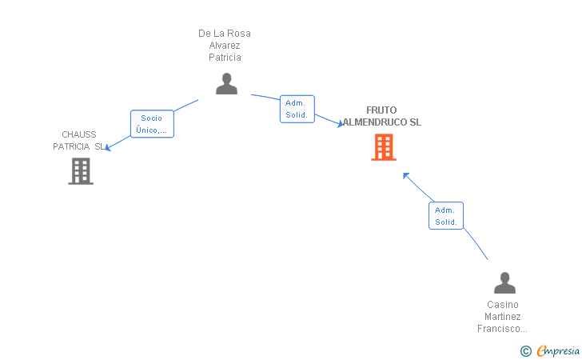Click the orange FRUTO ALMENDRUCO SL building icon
(384, 147)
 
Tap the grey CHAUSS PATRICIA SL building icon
(81, 171)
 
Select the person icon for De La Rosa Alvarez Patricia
(226, 83)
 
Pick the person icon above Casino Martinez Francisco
(504, 283)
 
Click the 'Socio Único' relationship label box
(152, 124)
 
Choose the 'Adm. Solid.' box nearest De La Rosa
(297, 109)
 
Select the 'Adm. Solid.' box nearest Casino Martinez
(446, 216)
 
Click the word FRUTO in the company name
(381, 110)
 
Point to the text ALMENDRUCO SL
(382, 122)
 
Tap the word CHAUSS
(79, 134)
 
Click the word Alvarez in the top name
(225, 46)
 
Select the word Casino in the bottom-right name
(503, 305)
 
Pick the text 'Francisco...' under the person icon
(503, 329)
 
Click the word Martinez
(503, 317)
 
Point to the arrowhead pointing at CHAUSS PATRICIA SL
(108, 147)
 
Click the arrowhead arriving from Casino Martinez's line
(406, 175)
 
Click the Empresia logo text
(558, 350)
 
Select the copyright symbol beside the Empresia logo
(525, 350)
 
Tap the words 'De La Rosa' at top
(225, 34)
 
